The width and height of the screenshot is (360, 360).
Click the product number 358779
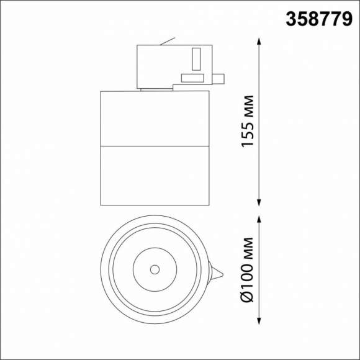(x=319, y=19)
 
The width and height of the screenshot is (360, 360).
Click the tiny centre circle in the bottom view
(x=155, y=269)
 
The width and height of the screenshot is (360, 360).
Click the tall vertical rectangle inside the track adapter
(x=196, y=60)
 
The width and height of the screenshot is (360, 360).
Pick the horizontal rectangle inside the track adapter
(x=192, y=78)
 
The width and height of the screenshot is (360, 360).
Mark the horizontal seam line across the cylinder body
(x=155, y=146)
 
